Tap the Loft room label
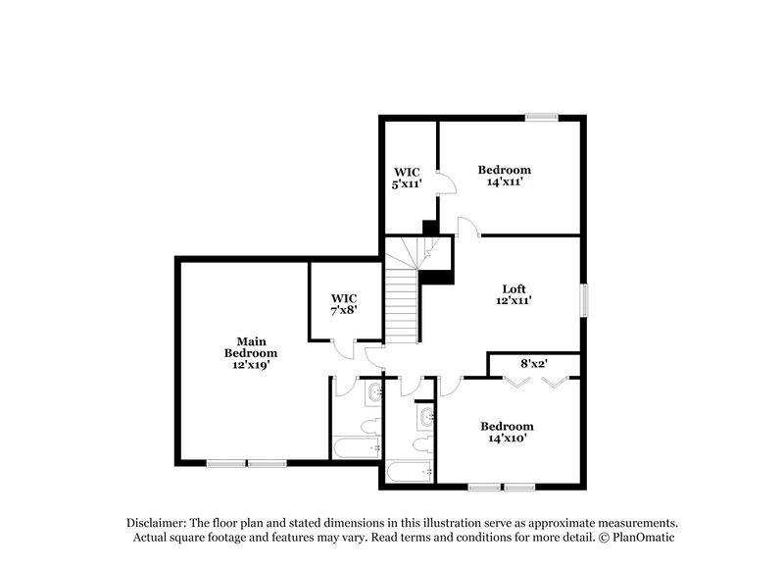click(514, 288)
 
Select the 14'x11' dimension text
click(503, 182)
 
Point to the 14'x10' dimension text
click(507, 439)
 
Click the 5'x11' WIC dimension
click(407, 183)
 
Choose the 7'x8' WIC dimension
click(343, 310)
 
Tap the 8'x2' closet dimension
click(533, 363)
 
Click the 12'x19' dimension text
click(250, 364)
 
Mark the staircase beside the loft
click(403, 299)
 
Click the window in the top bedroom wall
click(541, 118)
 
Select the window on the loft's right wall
click(585, 300)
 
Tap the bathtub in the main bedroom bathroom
click(356, 448)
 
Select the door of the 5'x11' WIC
click(444, 184)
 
